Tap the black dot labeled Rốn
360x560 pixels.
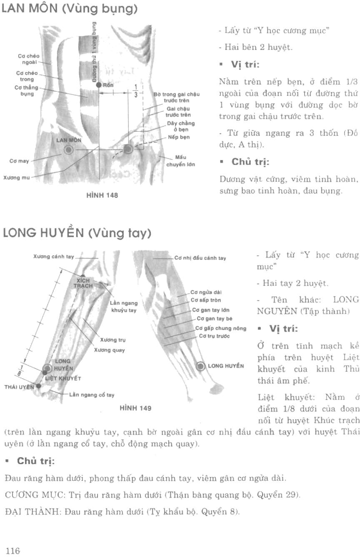point(99,85)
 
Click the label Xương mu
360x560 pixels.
point(15,177)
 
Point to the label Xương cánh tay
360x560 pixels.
point(53,257)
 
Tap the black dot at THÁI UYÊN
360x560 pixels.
point(39,386)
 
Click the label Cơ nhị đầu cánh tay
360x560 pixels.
point(200,258)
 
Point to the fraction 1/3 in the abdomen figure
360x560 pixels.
point(135,90)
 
